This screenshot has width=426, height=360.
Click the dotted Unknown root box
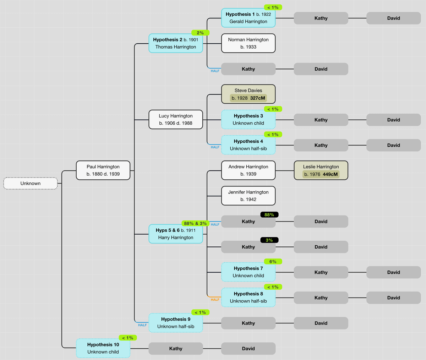(31, 184)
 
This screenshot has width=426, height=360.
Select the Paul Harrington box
(103, 170)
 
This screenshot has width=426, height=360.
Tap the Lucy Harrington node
(176, 120)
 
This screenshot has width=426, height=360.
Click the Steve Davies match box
(248, 94)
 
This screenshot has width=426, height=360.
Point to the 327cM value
(257, 98)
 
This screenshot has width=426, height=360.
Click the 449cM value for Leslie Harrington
(330, 174)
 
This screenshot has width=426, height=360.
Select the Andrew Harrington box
(248, 170)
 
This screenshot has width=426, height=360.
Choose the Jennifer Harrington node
(248, 196)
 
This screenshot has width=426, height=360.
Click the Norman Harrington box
(248, 43)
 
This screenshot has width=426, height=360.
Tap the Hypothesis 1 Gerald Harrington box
(248, 18)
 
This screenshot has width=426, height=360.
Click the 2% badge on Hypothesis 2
(200, 33)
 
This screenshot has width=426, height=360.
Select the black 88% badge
(269, 215)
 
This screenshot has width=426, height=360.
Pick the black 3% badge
(269, 240)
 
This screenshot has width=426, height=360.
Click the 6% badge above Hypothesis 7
(273, 262)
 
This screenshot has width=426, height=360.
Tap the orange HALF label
(215, 300)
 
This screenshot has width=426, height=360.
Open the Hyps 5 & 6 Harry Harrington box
(176, 234)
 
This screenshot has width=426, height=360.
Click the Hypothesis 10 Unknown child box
(103, 348)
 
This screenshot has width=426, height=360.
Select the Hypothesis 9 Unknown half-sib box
(176, 323)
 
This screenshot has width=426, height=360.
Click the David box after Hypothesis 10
(248, 349)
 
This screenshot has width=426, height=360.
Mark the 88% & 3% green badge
(195, 224)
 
